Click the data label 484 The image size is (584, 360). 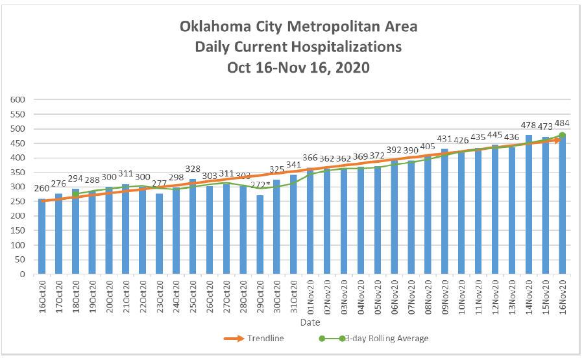point(562,123)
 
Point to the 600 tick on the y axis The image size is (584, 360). point(16,100)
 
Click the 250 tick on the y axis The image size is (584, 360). point(16,202)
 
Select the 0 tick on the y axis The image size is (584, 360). point(21,274)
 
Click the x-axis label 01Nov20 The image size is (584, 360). point(311,297)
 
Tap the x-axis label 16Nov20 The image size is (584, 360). point(562,297)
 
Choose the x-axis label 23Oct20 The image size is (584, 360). point(160,297)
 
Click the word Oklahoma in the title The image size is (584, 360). point(214,27)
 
